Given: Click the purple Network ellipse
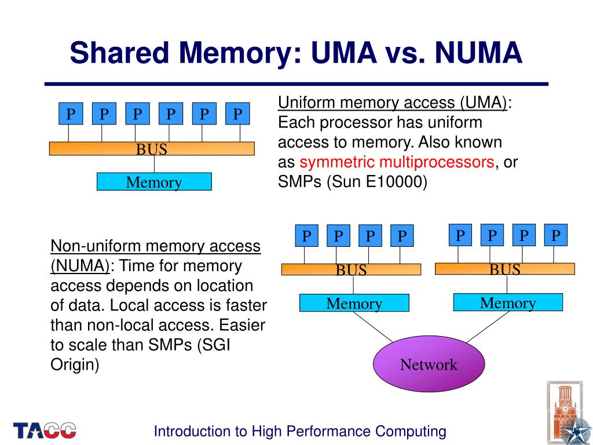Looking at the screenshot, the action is (429, 364).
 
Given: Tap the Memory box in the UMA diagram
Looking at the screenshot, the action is (154, 181).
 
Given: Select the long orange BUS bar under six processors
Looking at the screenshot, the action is (152, 149).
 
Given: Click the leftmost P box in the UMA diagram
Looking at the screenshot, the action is (71, 114).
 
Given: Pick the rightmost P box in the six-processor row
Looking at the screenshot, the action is (237, 114).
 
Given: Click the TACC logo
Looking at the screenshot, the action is (45, 431).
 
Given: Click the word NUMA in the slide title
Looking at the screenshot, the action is (478, 53).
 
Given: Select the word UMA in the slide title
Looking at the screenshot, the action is (344, 53).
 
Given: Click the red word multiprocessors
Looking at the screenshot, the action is (437, 162).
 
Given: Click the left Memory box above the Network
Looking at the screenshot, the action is (354, 302).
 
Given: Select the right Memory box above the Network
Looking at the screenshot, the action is (508, 302).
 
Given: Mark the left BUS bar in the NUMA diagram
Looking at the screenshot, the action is (352, 269).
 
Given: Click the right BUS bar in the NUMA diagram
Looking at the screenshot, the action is (505, 269).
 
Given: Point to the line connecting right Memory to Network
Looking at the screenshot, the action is (488, 327).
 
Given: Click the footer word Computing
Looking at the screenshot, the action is (411, 432).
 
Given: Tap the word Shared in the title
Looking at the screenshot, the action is (119, 53).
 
